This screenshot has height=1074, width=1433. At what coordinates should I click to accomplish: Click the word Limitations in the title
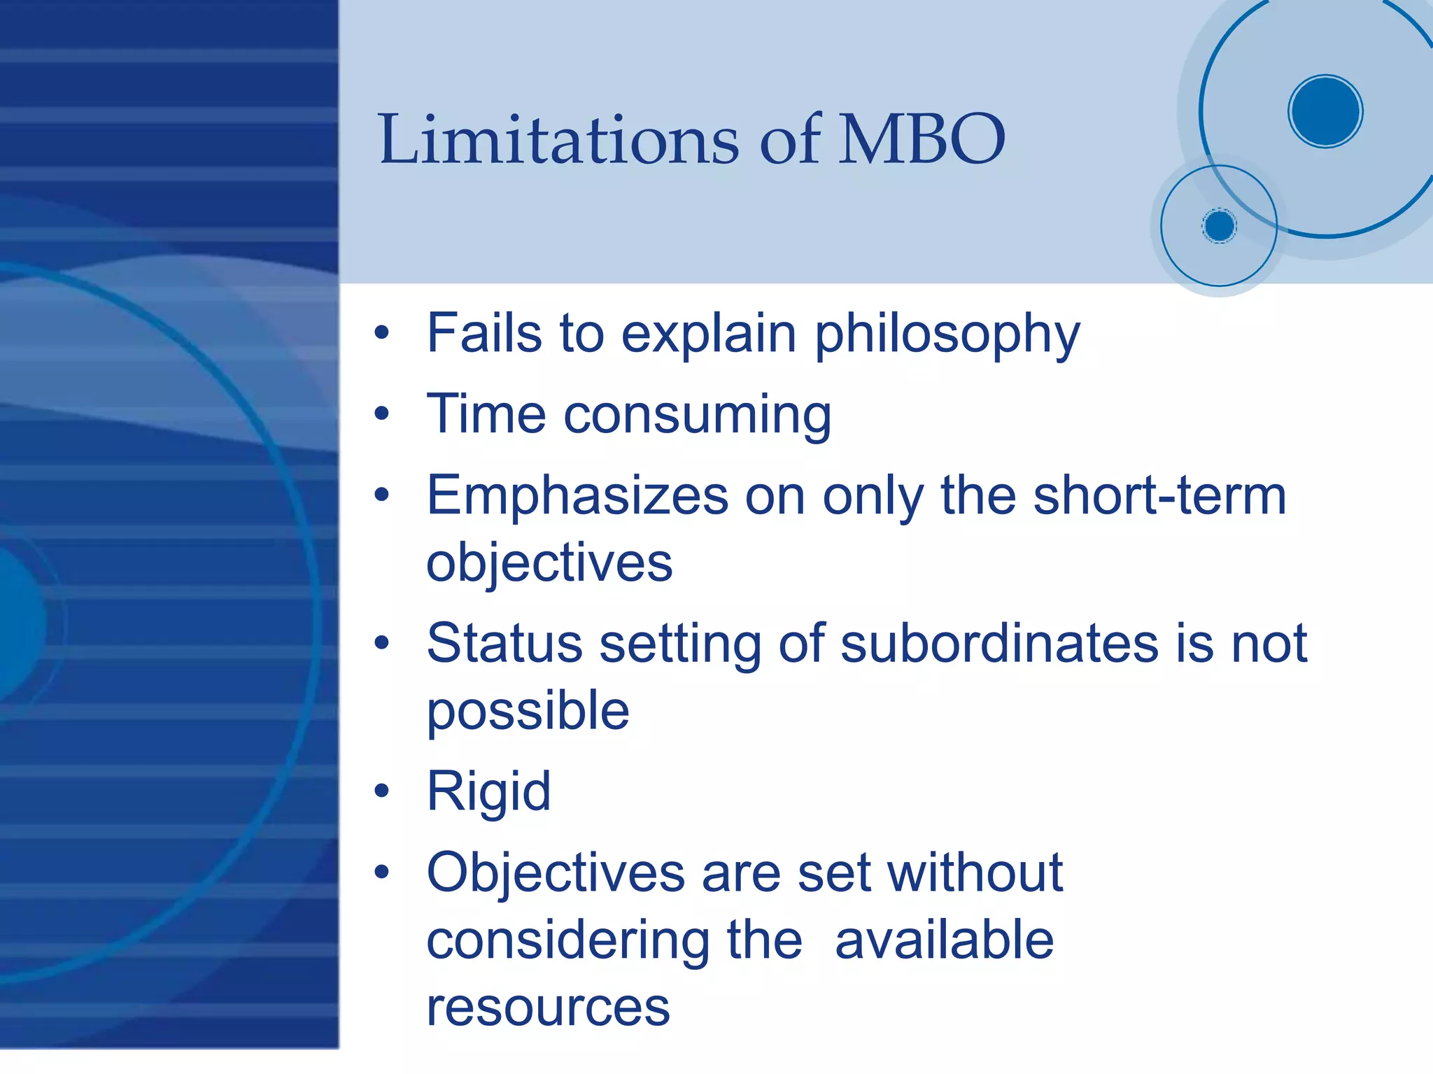(558, 140)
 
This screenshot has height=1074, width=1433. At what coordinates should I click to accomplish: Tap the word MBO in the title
(922, 140)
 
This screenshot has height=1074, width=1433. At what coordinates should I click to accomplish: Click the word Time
(486, 414)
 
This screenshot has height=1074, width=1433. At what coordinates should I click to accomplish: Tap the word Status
(504, 643)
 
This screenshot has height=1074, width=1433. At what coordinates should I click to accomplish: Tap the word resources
(548, 1008)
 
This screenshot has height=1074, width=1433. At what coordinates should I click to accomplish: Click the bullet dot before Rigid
(381, 791)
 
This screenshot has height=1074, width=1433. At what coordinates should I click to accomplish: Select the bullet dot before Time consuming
(381, 414)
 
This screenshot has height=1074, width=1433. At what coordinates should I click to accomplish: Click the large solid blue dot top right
(1325, 111)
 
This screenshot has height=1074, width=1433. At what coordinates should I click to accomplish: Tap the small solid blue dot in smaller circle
(1219, 226)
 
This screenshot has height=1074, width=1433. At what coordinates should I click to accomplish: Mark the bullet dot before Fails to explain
(381, 332)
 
